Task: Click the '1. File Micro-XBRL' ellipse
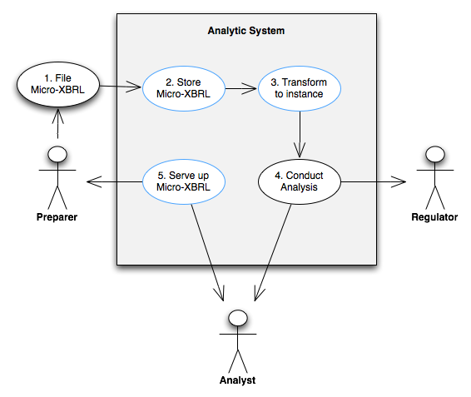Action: pyautogui.click(x=57, y=84)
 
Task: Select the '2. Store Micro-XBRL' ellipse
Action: pyautogui.click(x=184, y=89)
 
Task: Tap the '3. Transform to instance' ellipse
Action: pyautogui.click(x=300, y=89)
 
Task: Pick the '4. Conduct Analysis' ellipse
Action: pyautogui.click(x=300, y=181)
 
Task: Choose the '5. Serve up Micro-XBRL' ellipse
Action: pyautogui.click(x=184, y=181)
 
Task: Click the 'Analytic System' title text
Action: pyautogui.click(x=246, y=31)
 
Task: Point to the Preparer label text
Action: pyautogui.click(x=57, y=217)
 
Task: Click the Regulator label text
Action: pyautogui.click(x=434, y=217)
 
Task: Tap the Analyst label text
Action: pyautogui.click(x=238, y=380)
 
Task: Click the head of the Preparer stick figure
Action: pyautogui.click(x=57, y=155)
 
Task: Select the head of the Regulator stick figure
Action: pyautogui.click(x=435, y=155)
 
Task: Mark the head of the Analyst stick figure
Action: pyautogui.click(x=238, y=318)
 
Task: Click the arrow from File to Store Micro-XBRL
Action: pyautogui.click(x=120, y=87)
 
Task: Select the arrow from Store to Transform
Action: pyautogui.click(x=240, y=89)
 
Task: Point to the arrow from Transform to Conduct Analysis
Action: pyautogui.click(x=300, y=134)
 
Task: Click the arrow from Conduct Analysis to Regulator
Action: pyautogui.click(x=374, y=181)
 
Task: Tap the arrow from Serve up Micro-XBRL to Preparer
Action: pyautogui.click(x=114, y=181)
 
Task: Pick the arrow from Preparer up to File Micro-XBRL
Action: pyautogui.click(x=57, y=123)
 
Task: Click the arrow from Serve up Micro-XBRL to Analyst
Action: pyautogui.click(x=207, y=252)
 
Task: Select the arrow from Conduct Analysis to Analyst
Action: pyautogui.click(x=273, y=252)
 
